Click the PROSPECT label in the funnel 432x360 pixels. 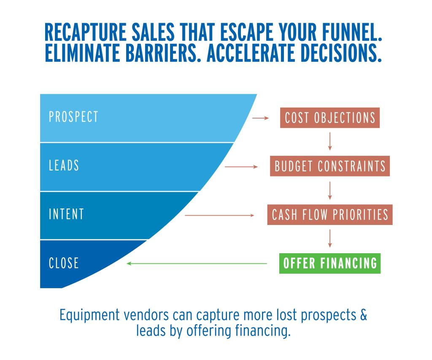(73, 116)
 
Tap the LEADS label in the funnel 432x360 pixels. (64, 165)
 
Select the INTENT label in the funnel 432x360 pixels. (66, 214)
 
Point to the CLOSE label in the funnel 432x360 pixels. (64, 263)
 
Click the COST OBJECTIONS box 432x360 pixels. (330, 118)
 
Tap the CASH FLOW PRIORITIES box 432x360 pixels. (330, 215)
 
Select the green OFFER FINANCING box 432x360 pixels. (330, 263)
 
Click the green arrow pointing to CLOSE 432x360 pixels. (197, 263)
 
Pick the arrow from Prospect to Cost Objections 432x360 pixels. (260, 118)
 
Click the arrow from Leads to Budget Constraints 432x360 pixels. (241, 167)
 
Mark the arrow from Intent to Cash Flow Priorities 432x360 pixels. (219, 215)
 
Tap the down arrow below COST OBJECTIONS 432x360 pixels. (330, 141)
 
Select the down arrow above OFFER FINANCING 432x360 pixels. (330, 238)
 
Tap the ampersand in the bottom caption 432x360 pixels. (364, 315)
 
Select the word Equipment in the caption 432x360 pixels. (89, 316)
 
